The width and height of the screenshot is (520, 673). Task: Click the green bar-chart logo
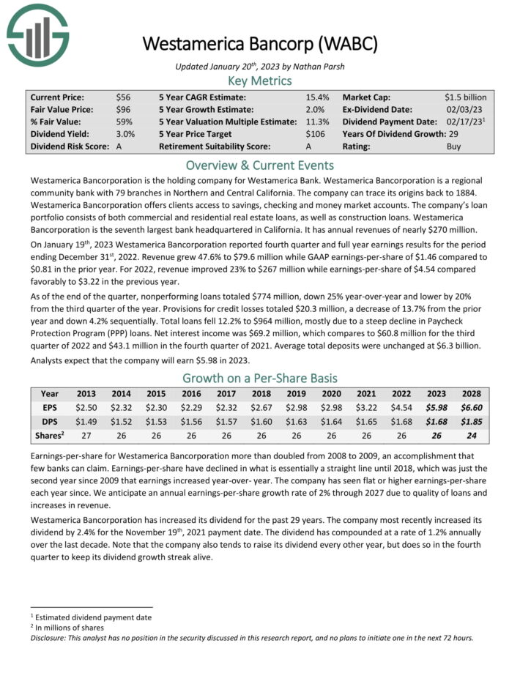click(x=37, y=35)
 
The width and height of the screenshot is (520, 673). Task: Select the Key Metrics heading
click(x=259, y=81)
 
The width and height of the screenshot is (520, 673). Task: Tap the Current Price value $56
click(x=123, y=97)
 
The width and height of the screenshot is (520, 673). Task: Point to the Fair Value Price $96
click(x=123, y=109)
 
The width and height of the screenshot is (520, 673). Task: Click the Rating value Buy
click(x=454, y=146)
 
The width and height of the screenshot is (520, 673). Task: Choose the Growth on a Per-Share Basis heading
click(x=259, y=378)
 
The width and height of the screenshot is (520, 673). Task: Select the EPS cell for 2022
click(x=402, y=407)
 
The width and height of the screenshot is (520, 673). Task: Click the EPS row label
click(x=50, y=407)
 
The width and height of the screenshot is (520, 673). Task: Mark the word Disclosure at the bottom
click(x=50, y=637)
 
